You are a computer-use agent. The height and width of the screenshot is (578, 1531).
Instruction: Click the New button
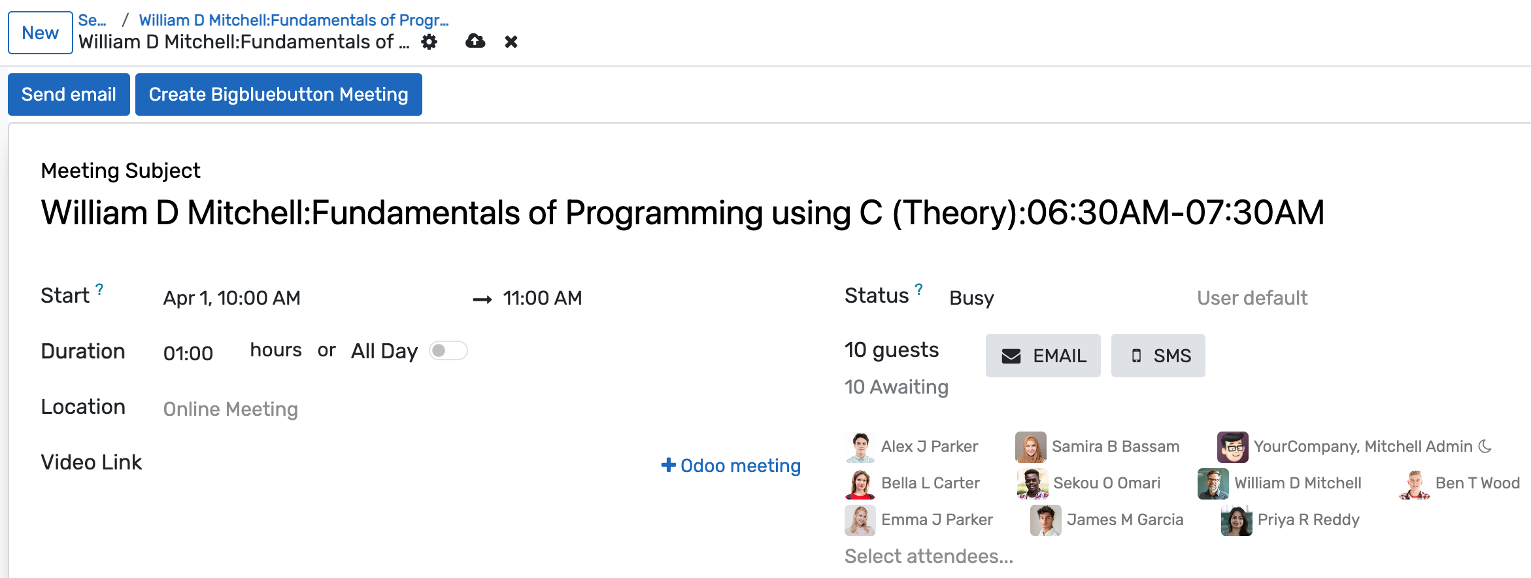click(x=40, y=33)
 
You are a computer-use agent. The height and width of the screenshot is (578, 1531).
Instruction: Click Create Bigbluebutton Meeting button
click(x=278, y=95)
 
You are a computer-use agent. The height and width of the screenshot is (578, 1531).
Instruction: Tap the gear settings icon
click(x=429, y=42)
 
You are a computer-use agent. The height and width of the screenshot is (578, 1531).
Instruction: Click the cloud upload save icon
click(x=475, y=42)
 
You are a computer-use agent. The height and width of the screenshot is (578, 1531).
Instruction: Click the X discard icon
click(x=511, y=42)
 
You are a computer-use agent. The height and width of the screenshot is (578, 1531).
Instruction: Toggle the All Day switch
click(x=448, y=351)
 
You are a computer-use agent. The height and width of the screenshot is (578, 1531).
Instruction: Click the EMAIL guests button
click(x=1043, y=356)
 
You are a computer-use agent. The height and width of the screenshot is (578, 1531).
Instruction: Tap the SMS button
click(x=1158, y=356)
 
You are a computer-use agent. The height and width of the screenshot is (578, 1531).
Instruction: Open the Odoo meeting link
click(x=731, y=466)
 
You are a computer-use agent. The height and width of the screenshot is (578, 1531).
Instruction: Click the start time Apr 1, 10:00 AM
click(x=232, y=298)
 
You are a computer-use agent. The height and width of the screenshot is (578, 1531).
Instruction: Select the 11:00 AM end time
click(x=543, y=298)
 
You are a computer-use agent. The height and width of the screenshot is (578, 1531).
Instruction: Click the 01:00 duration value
click(x=188, y=354)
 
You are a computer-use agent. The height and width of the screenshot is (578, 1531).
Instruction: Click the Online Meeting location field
click(x=231, y=409)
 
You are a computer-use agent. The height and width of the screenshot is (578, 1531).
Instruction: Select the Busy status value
click(x=971, y=298)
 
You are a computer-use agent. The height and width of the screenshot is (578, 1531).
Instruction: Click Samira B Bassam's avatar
click(x=1030, y=447)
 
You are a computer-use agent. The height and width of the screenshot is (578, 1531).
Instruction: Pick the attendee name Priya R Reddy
click(x=1308, y=520)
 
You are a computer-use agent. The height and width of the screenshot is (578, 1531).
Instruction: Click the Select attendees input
click(x=928, y=556)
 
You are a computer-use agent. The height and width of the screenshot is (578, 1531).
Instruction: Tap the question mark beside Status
click(x=918, y=289)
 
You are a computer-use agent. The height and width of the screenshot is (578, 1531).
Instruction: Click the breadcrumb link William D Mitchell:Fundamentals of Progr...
click(x=294, y=20)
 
